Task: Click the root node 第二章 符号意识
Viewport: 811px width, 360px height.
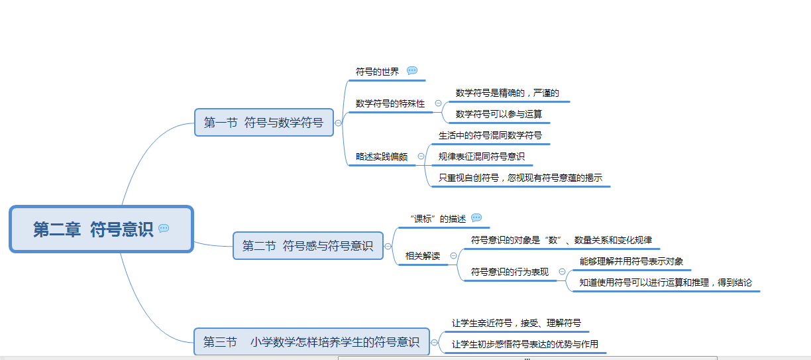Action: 93,229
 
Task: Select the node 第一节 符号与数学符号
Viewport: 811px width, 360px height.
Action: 263,123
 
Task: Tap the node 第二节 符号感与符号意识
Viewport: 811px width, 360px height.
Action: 307,246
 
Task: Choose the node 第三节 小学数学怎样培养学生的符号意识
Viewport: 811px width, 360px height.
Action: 311,342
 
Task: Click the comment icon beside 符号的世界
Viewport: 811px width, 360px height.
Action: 412,71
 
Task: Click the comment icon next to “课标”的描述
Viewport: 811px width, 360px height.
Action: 476,218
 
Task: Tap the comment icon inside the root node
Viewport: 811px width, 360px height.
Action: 164,229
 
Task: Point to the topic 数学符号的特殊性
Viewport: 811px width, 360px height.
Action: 390,103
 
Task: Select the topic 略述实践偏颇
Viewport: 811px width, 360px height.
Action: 382,157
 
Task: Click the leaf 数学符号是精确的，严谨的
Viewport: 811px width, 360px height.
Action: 508,93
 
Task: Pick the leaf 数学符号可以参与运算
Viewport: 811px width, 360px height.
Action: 499,114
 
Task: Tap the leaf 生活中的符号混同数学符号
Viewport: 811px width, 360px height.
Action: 490,135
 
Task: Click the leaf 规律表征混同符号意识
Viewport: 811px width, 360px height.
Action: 482,157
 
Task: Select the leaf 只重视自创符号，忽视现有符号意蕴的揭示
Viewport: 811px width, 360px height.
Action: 520,178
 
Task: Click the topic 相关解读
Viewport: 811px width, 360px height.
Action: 423,255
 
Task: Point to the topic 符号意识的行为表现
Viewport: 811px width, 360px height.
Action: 510,271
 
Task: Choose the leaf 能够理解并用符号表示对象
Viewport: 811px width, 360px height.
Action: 631,261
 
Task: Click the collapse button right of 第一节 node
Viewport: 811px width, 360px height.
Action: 339,123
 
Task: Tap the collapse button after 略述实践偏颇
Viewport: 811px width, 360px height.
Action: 421,156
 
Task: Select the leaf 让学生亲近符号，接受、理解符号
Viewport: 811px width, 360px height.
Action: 516,323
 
